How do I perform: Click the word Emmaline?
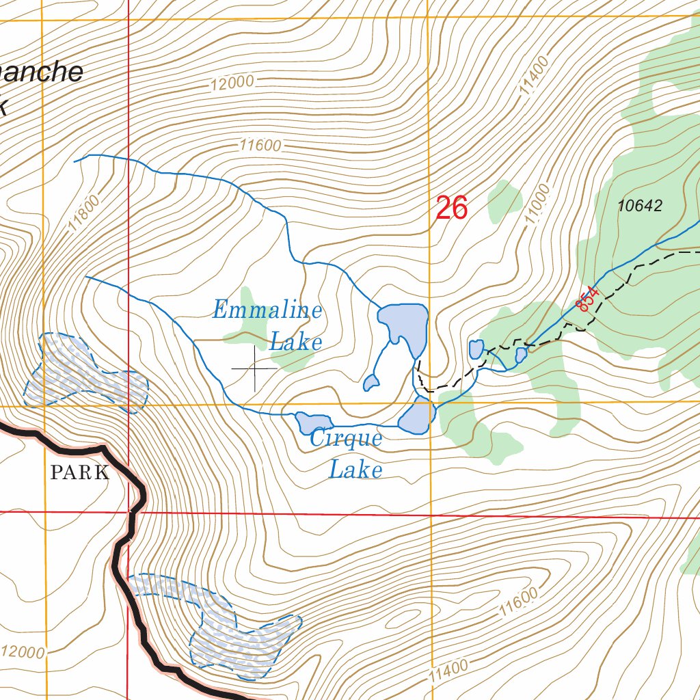267,310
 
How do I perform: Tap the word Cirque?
345,438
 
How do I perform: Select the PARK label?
79,472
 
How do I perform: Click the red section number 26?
451,208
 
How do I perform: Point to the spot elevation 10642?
640,206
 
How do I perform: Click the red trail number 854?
587,299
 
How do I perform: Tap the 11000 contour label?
538,204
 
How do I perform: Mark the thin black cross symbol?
255,368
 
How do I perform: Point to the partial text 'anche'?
41,72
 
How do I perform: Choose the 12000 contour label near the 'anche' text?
232,83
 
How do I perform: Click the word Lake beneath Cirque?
355,470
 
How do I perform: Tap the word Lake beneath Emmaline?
295,341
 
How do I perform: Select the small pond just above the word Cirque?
313,422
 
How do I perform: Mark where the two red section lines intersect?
129,512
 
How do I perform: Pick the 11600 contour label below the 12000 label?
260,145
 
